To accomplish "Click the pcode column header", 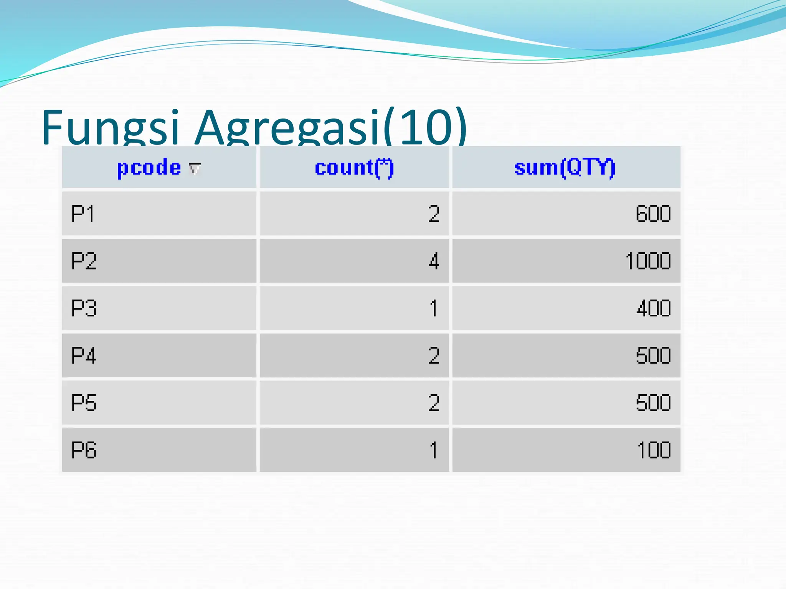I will (149, 168).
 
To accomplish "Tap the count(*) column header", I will (354, 168).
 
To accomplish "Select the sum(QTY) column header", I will (565, 168).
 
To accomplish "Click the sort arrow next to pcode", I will (195, 168).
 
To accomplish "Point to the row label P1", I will (83, 214).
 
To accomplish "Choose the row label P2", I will (84, 261).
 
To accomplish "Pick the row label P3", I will (84, 308).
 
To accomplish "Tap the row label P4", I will (84, 355).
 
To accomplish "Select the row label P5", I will (84, 403).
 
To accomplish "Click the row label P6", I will (84, 450).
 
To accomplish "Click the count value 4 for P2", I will (434, 261).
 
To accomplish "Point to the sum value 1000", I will (648, 261).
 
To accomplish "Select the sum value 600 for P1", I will (653, 214).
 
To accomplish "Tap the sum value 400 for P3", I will (653, 308).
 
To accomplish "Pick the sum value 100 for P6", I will (654, 450).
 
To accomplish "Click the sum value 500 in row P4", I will (653, 355).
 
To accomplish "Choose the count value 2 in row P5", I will (434, 403).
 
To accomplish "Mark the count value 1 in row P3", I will (434, 308).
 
